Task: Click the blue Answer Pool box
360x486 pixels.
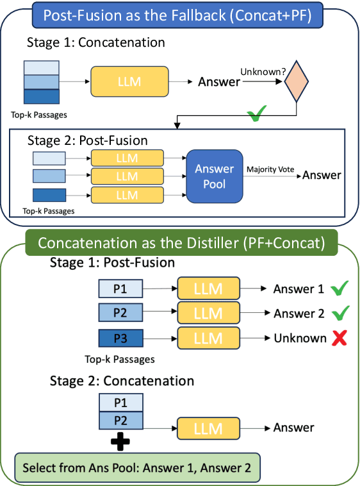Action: pyautogui.click(x=215, y=176)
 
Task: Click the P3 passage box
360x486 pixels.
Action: pyautogui.click(x=120, y=338)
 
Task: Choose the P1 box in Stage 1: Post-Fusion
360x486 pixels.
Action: pyautogui.click(x=120, y=289)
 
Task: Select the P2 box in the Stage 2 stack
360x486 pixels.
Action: pyautogui.click(x=120, y=422)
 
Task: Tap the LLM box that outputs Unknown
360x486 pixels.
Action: pyautogui.click(x=208, y=338)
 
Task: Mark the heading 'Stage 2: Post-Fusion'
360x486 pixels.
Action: pyautogui.click(x=88, y=140)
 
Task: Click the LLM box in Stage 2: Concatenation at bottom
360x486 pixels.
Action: pyautogui.click(x=208, y=428)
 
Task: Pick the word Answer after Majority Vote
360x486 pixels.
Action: pyautogui.click(x=322, y=175)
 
